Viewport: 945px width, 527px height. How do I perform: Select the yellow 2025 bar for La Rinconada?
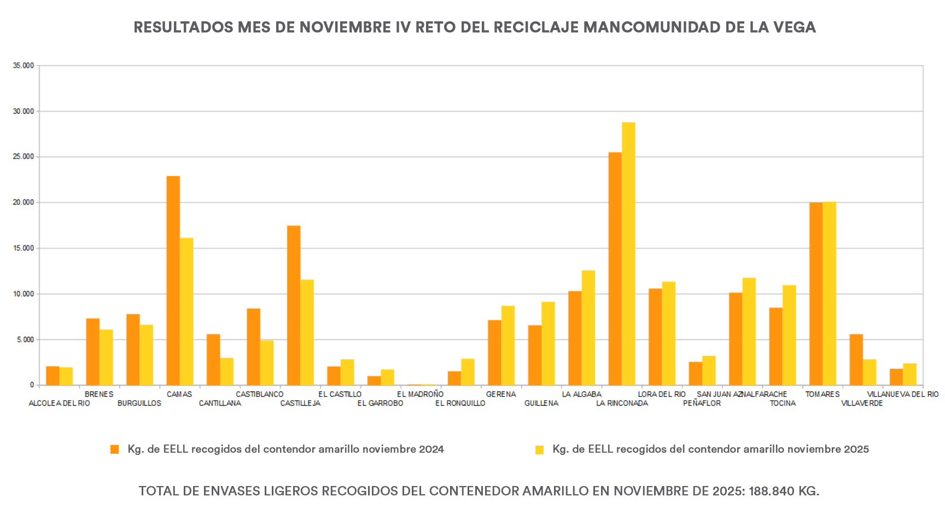click(628, 254)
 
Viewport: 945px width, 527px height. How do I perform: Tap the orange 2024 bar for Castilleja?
click(294, 306)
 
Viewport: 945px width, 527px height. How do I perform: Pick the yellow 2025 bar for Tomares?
click(829, 294)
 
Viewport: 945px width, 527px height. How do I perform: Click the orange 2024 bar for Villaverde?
click(856, 360)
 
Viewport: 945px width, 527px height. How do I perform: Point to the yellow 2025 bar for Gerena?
click(508, 346)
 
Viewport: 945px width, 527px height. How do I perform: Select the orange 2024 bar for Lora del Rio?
click(655, 337)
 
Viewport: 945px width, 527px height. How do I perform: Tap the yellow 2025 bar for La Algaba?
click(588, 328)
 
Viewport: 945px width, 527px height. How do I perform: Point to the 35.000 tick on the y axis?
click(24, 66)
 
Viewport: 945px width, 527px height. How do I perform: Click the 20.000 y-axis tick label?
click(24, 202)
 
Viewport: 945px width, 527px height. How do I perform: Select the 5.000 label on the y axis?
click(25, 339)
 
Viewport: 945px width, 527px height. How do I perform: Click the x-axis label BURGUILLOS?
click(139, 403)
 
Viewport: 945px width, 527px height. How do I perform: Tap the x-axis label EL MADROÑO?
click(420, 394)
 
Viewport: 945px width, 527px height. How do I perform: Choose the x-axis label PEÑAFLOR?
click(702, 403)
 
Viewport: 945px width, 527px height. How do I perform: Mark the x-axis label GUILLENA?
click(541, 403)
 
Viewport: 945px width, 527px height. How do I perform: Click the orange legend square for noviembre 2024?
click(115, 449)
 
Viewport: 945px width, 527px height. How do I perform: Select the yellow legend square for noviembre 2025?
click(540, 450)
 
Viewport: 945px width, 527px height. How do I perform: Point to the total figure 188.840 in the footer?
click(772, 491)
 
